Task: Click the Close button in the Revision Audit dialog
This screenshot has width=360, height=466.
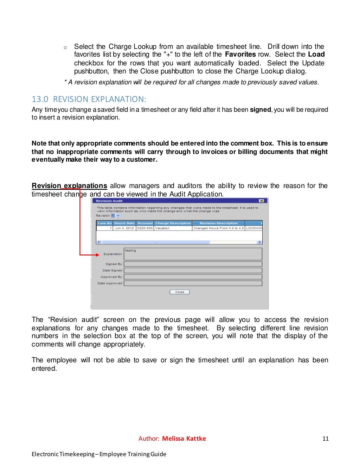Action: pyautogui.click(x=180, y=292)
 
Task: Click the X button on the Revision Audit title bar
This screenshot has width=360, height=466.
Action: pyautogui.click(x=261, y=201)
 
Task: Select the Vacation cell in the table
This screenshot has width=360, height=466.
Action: pyautogui.click(x=162, y=228)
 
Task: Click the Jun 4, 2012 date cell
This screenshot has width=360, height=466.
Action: pyautogui.click(x=124, y=228)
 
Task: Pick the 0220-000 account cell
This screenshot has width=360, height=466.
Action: pyautogui.click(x=145, y=228)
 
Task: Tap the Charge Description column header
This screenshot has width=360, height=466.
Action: pyautogui.click(x=173, y=223)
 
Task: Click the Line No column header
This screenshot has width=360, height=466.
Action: pyautogui.click(x=104, y=223)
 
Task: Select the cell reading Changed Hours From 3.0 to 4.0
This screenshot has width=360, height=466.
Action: pyautogui.click(x=218, y=228)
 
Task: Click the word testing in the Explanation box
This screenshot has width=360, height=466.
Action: pyautogui.click(x=130, y=251)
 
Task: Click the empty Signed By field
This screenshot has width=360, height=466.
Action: pyautogui.click(x=193, y=264)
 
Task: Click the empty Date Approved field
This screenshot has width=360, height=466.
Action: pyautogui.click(x=193, y=283)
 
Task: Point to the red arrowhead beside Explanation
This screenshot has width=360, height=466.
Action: pyautogui.click(x=98, y=255)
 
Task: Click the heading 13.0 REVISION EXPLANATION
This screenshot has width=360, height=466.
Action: pyautogui.click(x=89, y=99)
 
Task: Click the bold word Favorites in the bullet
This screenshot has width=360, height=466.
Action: pyautogui.click(x=240, y=54)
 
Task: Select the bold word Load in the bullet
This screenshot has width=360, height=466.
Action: pyautogui.click(x=316, y=54)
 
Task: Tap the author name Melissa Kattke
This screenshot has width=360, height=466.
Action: pyautogui.click(x=184, y=439)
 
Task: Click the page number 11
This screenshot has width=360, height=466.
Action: pyautogui.click(x=325, y=439)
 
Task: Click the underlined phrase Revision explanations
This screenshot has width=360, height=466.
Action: pyautogui.click(x=69, y=186)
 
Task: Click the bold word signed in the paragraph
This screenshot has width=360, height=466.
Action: pyautogui.click(x=260, y=110)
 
